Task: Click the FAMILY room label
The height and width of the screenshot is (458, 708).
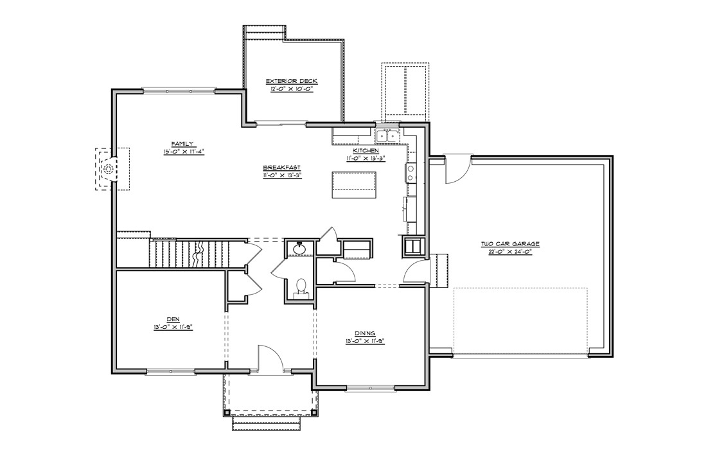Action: click(x=182, y=144)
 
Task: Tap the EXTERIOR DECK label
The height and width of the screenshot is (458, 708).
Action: click(x=292, y=81)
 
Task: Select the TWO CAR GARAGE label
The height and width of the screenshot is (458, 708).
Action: click(x=510, y=244)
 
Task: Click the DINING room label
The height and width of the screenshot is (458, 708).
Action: click(x=364, y=333)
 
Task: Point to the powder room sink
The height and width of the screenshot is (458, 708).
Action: click(x=299, y=248)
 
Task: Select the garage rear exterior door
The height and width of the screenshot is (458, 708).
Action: click(x=457, y=167)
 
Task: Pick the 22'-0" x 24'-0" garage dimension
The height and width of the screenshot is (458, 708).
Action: click(x=510, y=252)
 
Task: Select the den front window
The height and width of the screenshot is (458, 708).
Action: click(x=170, y=371)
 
